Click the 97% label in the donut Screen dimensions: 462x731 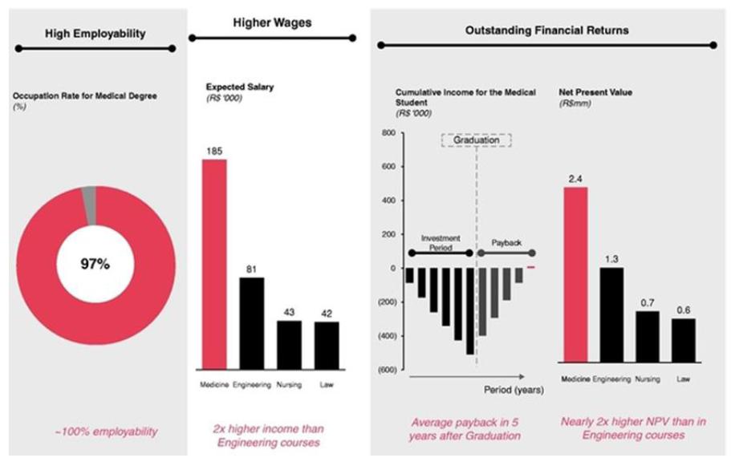pos(95,264)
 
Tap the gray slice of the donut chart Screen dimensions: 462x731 pos(89,195)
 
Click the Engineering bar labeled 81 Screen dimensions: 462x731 pos(251,322)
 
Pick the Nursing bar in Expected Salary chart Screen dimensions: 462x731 pos(289,344)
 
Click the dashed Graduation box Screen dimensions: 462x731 pos(477,140)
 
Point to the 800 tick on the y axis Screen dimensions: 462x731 pos(390,133)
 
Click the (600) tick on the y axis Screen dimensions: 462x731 pos(387,370)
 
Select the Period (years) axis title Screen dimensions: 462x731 pos(514,391)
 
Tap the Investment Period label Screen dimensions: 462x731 pos(441,243)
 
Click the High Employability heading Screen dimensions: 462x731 pos(95,34)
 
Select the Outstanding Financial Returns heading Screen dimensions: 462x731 pos(546,30)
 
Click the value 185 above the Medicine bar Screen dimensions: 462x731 pos(213,150)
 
